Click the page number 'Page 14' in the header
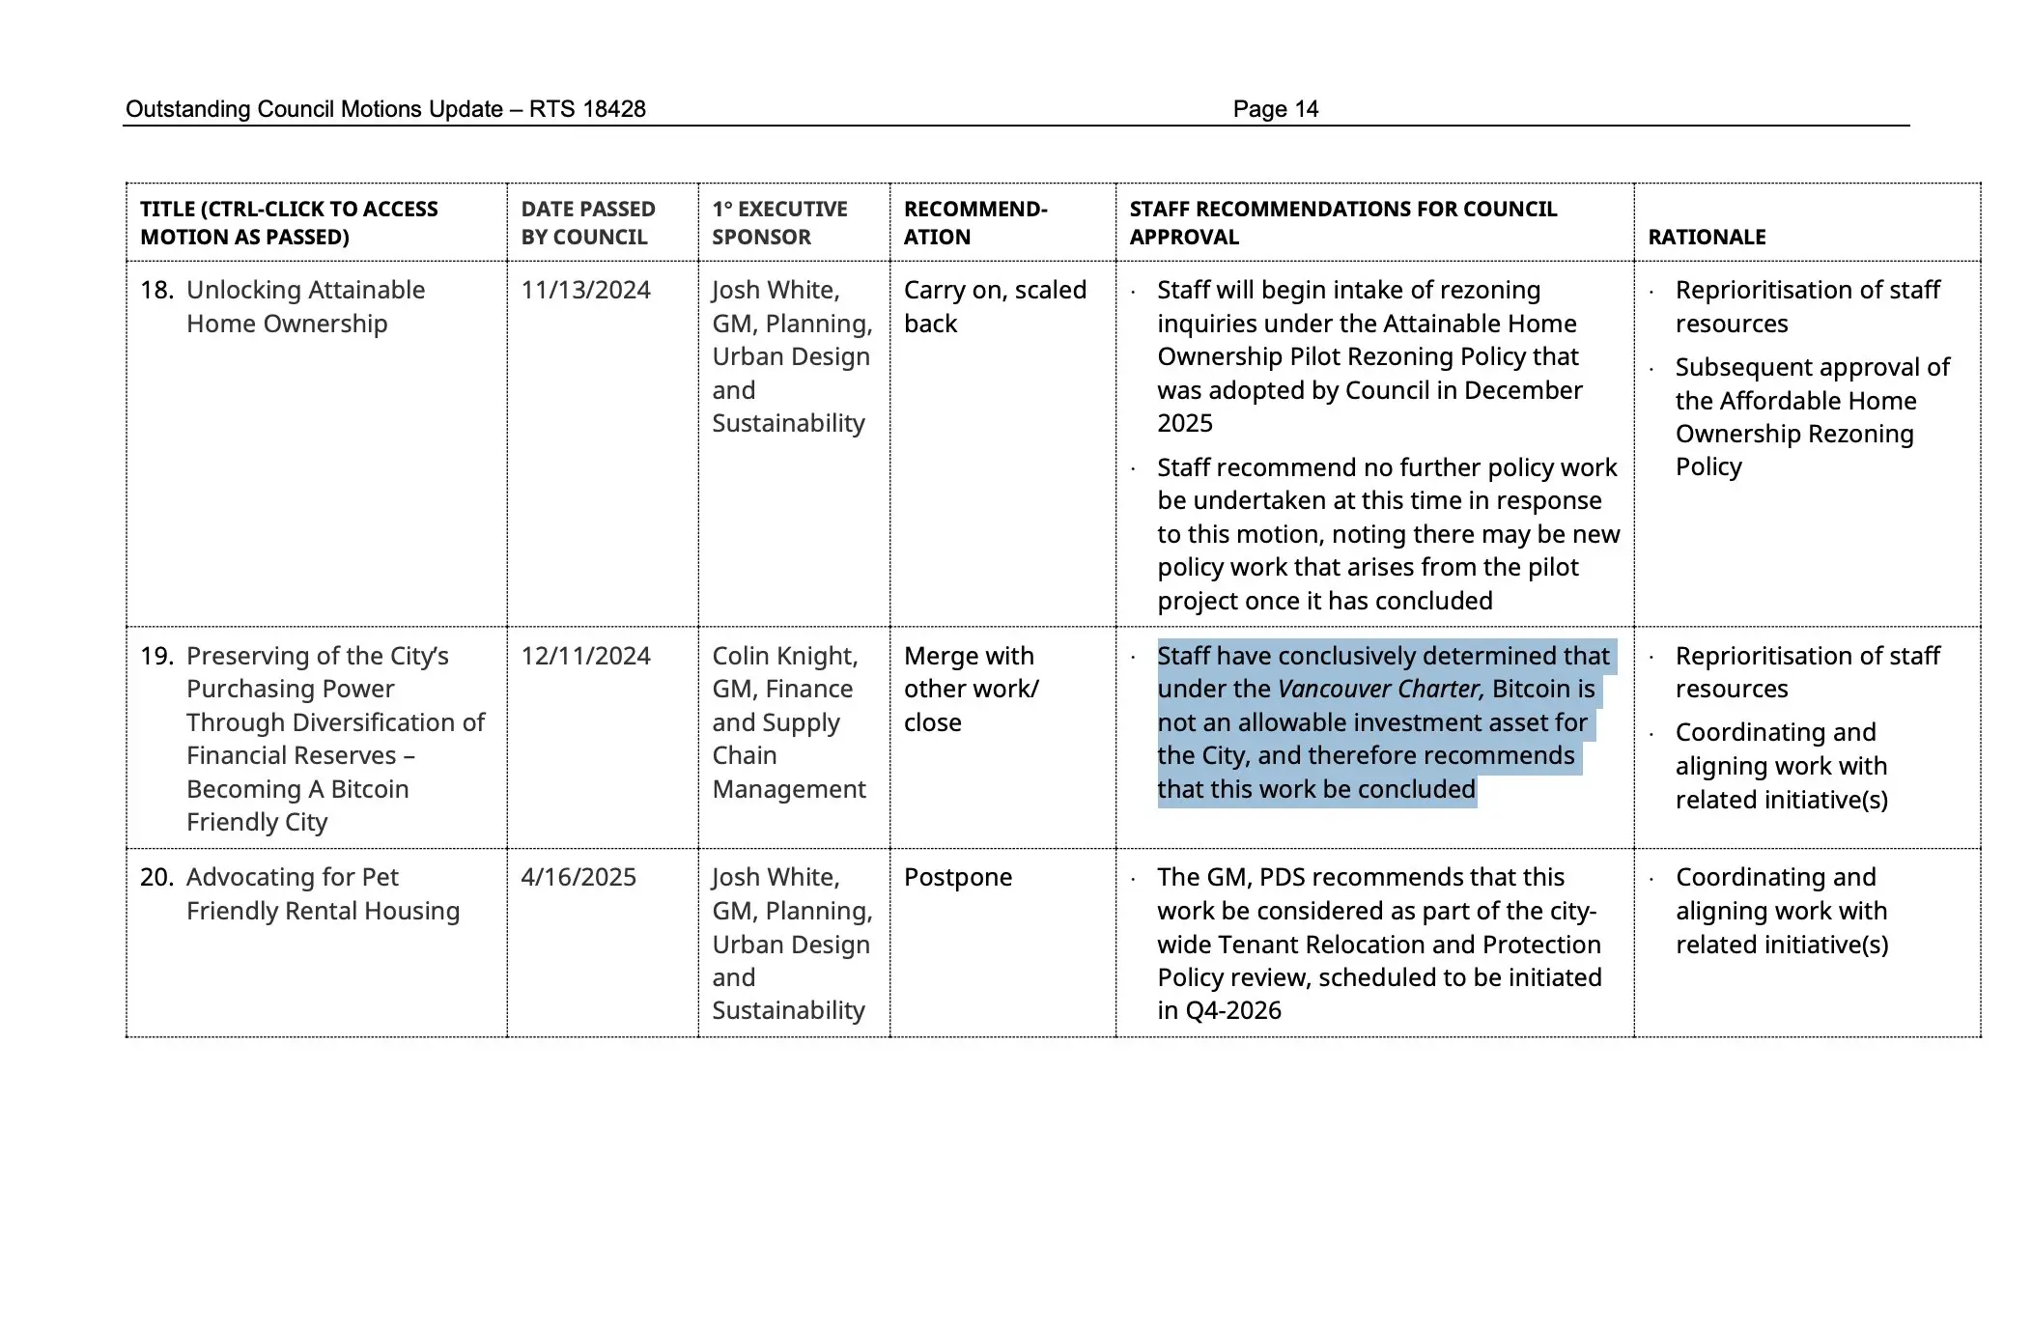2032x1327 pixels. [x=1275, y=109]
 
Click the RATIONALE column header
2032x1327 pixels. [x=1707, y=237]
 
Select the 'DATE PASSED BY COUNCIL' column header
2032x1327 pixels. [x=587, y=223]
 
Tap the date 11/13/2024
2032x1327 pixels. [x=585, y=290]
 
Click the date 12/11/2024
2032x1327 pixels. [x=585, y=656]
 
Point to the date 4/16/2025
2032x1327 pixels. [x=578, y=877]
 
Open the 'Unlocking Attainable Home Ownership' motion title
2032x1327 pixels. [x=305, y=306]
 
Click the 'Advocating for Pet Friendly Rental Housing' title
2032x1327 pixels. [x=323, y=893]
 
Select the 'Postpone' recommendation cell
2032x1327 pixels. [x=957, y=877]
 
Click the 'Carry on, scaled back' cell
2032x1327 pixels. [x=995, y=306]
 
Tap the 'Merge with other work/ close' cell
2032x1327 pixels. [x=971, y=689]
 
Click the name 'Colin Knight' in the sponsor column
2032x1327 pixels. [x=784, y=656]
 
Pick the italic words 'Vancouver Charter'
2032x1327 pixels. [x=1379, y=689]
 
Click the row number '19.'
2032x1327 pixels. [x=156, y=656]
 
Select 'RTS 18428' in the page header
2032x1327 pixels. [x=587, y=109]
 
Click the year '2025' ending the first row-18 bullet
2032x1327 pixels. [x=1185, y=423]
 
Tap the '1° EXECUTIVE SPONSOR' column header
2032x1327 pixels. [x=779, y=223]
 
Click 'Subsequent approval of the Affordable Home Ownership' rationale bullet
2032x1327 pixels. [x=1812, y=416]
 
